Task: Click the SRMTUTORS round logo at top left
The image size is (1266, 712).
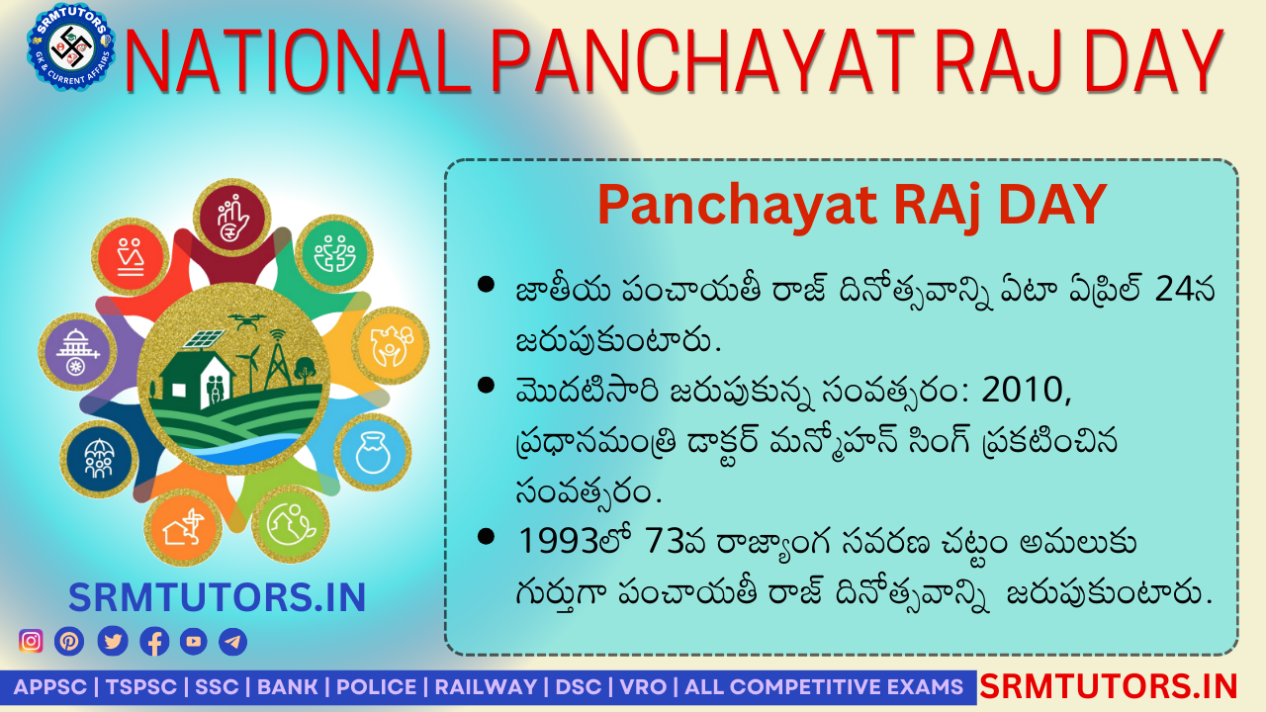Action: pos(70,46)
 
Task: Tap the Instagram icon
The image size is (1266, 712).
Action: pos(31,641)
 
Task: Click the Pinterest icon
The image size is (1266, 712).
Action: pos(69,641)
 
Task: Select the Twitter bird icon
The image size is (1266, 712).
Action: pos(113,641)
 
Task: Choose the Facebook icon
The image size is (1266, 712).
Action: pos(154,641)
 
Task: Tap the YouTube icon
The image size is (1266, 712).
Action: pos(194,641)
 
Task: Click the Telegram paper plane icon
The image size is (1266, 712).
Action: pos(232,641)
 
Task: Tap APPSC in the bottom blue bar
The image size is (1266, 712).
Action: pos(48,687)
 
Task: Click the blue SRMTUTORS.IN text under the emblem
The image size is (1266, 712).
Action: pos(218,597)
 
